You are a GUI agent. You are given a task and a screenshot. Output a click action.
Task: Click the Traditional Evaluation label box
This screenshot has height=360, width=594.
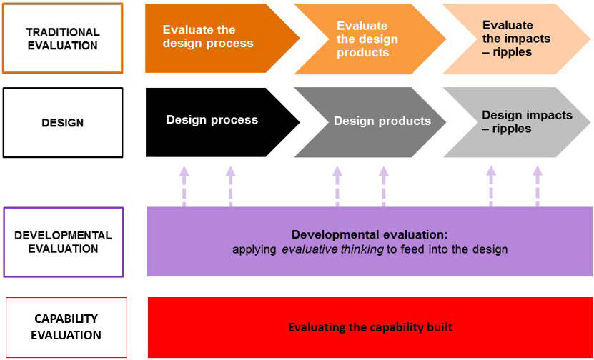pos(62,39)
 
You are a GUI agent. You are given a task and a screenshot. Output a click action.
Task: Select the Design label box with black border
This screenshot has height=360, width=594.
pos(62,122)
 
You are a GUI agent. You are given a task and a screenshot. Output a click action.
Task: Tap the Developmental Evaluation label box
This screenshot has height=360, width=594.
pos(63,241)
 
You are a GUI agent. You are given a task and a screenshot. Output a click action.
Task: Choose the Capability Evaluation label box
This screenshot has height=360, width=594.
pos(66,327)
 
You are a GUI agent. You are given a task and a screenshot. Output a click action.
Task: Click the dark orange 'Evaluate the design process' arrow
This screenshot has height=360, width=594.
pos(214,38)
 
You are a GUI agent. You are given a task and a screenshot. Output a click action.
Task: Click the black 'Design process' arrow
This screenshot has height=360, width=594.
pos(214,121)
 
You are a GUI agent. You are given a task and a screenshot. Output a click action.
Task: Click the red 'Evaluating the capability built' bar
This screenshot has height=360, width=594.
pos(370,327)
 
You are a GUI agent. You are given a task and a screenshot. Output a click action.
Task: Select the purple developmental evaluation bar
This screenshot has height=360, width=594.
pos(370,241)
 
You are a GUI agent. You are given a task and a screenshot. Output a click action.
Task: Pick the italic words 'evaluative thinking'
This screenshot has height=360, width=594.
pos(343,249)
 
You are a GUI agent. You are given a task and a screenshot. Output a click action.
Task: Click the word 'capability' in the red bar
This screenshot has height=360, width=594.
pos(383,328)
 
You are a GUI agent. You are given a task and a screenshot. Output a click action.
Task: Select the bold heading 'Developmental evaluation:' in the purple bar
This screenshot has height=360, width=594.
pos(370,234)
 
